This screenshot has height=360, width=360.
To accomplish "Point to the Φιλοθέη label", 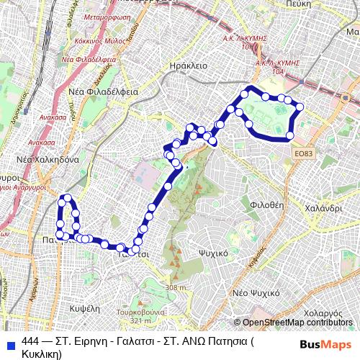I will tap(264, 204).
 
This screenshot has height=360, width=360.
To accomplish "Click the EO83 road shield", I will tap(304, 153).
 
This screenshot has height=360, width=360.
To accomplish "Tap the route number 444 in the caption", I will tap(31, 341).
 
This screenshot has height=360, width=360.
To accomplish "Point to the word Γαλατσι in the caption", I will tap(117, 341).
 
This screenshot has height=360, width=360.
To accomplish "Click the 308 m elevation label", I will tap(175, 288).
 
